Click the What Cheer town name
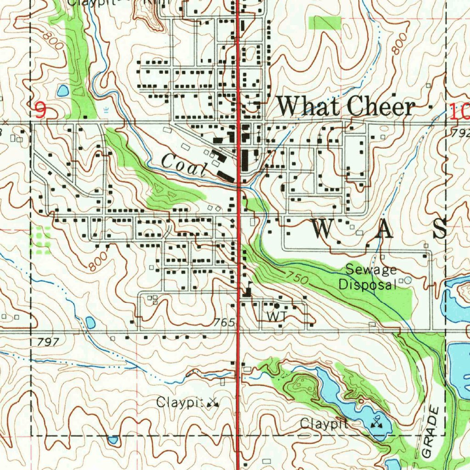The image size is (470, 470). [x=347, y=107]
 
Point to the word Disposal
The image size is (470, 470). [x=367, y=284]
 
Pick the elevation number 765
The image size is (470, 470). [x=225, y=323]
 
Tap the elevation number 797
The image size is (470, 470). [x=49, y=341]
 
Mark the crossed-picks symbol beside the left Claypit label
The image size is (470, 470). [x=213, y=403]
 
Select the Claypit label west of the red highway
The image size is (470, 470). [x=180, y=403]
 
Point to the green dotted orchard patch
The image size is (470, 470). [x=40, y=240]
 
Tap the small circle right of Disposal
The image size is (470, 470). [x=408, y=280]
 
